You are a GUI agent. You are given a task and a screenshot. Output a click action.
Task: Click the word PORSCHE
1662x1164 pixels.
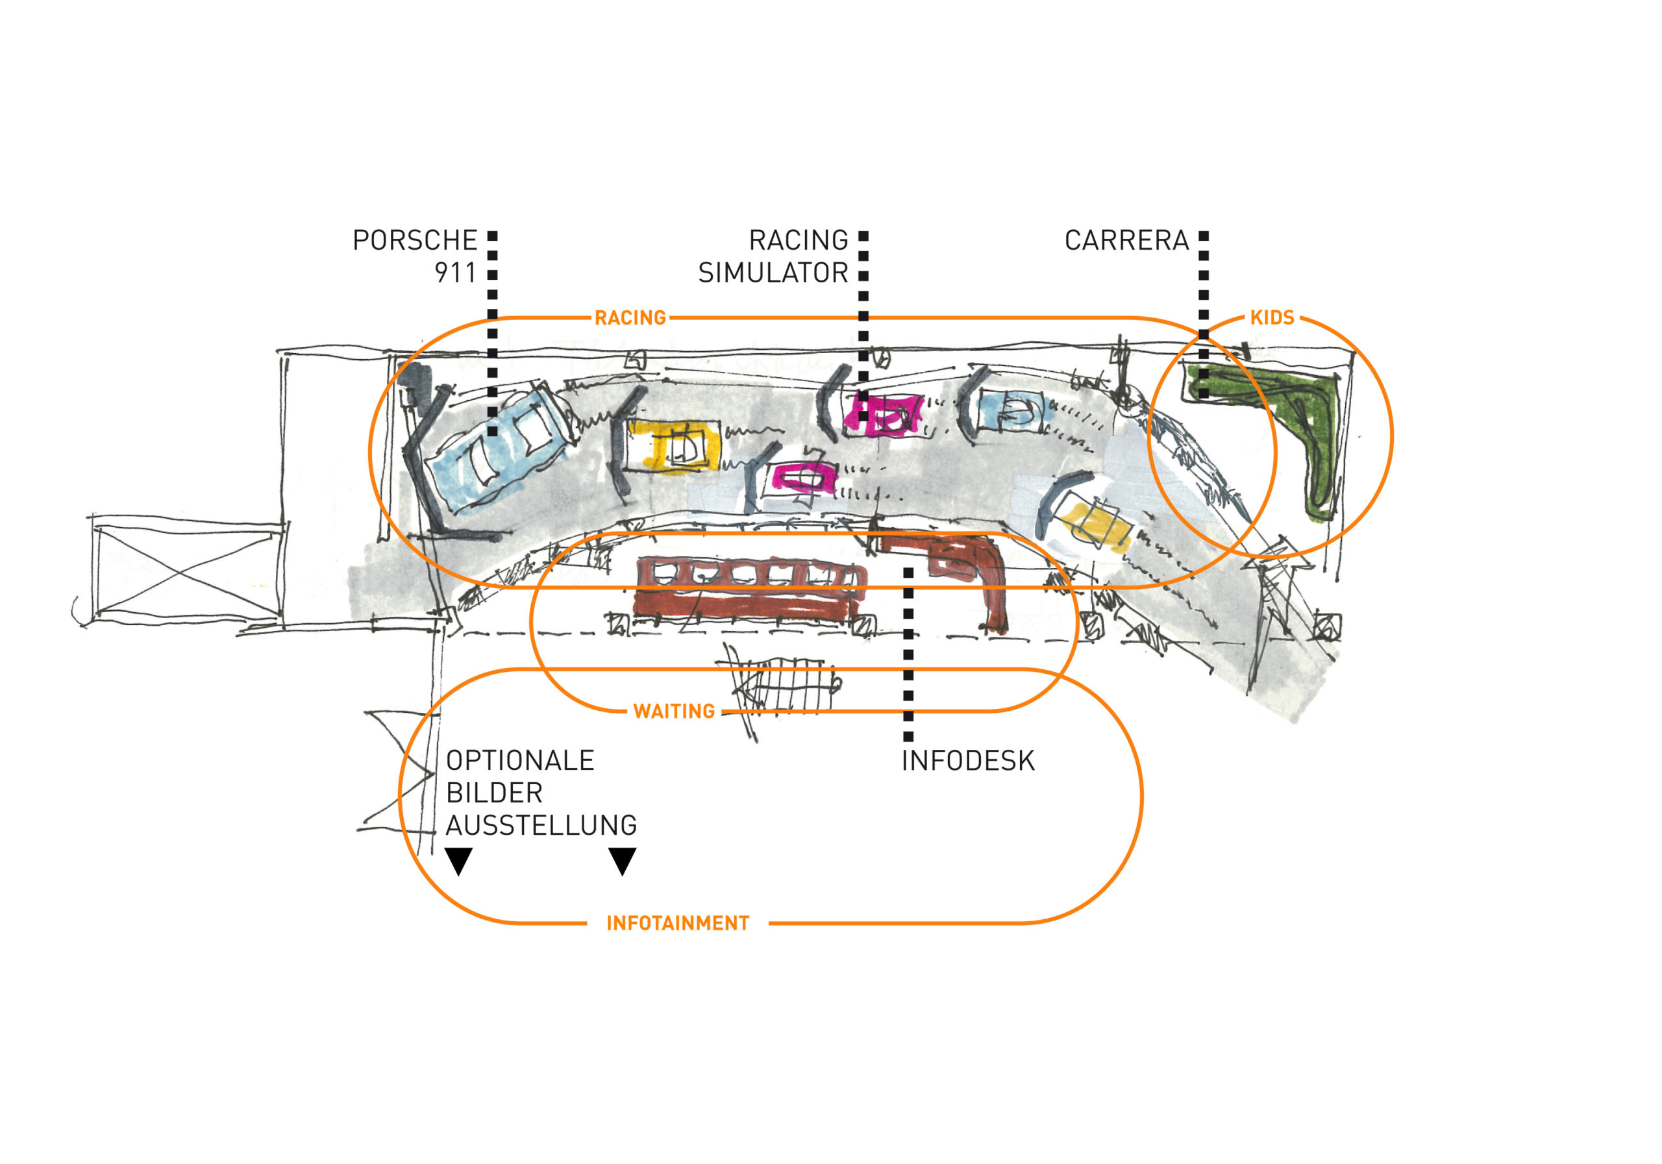(x=414, y=240)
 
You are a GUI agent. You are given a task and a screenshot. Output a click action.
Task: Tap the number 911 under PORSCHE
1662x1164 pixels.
(x=455, y=273)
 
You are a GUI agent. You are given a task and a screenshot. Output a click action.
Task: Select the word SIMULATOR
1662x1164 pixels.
(x=773, y=273)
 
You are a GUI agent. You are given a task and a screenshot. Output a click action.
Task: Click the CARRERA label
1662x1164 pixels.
(x=1126, y=240)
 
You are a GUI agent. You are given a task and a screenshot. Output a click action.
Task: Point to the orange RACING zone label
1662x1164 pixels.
(x=630, y=318)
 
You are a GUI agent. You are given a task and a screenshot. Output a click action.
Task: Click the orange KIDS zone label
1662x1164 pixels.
(x=1272, y=318)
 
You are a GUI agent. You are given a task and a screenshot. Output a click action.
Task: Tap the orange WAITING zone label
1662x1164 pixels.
(x=674, y=712)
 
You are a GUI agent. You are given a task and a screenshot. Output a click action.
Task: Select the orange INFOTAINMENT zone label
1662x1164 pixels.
(x=678, y=924)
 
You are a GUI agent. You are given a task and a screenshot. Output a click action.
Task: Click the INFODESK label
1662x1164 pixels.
(x=968, y=761)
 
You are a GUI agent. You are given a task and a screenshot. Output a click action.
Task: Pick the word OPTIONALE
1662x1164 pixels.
(x=520, y=761)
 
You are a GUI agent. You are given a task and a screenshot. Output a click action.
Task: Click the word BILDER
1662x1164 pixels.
(x=495, y=793)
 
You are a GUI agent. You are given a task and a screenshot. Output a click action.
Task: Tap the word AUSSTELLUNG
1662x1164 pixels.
(x=541, y=825)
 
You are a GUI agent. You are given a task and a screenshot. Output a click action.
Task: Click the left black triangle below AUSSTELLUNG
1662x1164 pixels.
(x=458, y=860)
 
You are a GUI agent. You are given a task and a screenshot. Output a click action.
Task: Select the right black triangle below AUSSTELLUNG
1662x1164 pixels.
(x=622, y=860)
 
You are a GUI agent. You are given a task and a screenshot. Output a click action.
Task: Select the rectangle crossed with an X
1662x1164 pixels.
(x=187, y=572)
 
